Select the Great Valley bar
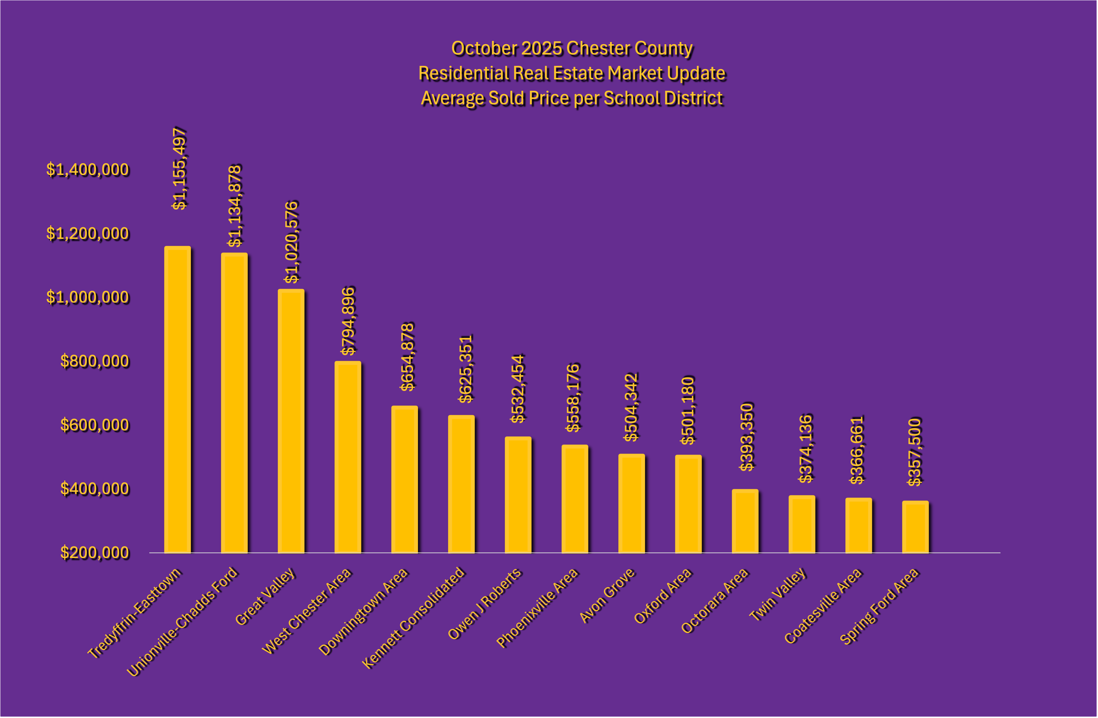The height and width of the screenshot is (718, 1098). tap(291, 421)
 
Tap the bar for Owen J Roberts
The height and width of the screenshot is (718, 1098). tap(518, 495)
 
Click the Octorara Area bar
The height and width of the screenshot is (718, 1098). tap(745, 521)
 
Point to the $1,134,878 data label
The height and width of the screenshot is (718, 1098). tap(235, 206)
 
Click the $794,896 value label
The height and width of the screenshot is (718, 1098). tap(348, 321)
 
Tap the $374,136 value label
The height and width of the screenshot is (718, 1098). tap(805, 449)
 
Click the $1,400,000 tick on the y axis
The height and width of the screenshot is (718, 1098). tap(88, 170)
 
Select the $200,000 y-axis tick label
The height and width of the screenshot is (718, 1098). tap(95, 552)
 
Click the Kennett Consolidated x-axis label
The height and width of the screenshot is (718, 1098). tap(414, 617)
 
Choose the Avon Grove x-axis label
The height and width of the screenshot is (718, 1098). tap(607, 595)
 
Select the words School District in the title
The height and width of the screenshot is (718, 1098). tap(663, 98)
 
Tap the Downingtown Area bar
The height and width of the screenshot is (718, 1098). tap(405, 480)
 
